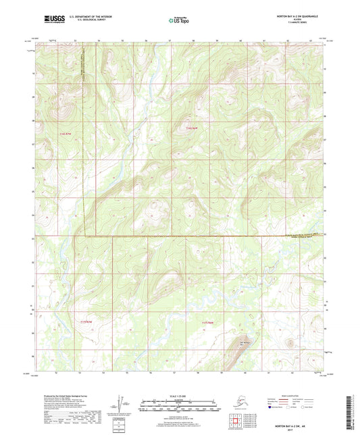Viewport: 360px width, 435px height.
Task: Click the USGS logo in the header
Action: click(x=55, y=20)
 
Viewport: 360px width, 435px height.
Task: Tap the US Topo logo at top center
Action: click(x=179, y=20)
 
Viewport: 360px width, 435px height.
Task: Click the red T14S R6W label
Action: click(x=194, y=126)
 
